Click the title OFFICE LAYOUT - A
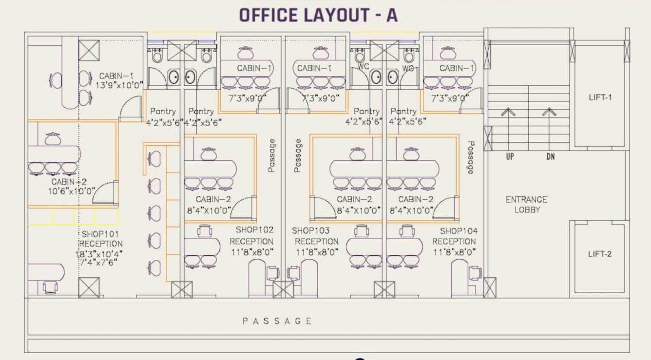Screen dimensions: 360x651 tap(318, 15)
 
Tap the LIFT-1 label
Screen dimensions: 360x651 tap(600, 97)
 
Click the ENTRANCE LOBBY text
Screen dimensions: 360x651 tap(526, 205)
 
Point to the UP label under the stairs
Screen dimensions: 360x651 tap(509, 157)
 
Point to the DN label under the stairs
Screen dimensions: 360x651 tap(550, 157)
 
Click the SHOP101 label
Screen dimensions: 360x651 tap(100, 234)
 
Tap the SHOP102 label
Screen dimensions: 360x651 tap(254, 230)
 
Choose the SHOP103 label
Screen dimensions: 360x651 tap(311, 230)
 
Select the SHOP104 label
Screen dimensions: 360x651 tap(459, 230)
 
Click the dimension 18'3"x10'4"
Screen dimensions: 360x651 tap(99, 254)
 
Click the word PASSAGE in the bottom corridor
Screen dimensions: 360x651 tap(277, 321)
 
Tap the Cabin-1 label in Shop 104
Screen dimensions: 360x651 tap(457, 68)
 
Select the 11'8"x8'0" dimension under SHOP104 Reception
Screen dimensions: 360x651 tap(454, 252)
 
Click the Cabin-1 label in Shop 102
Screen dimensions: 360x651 tap(255, 68)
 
